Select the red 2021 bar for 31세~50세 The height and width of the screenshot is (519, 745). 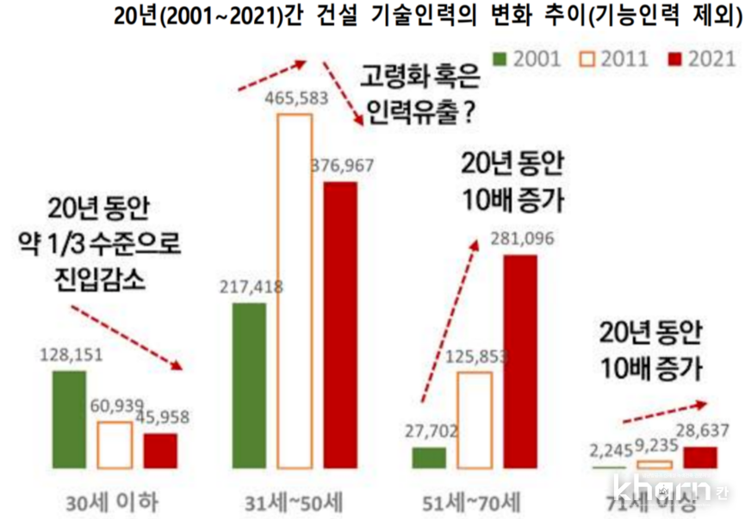click(339, 324)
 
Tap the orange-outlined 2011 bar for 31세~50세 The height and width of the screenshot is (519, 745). click(294, 290)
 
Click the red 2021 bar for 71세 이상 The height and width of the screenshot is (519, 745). click(699, 458)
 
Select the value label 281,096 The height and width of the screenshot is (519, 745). click(519, 239)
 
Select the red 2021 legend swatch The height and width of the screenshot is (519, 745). click(674, 59)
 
